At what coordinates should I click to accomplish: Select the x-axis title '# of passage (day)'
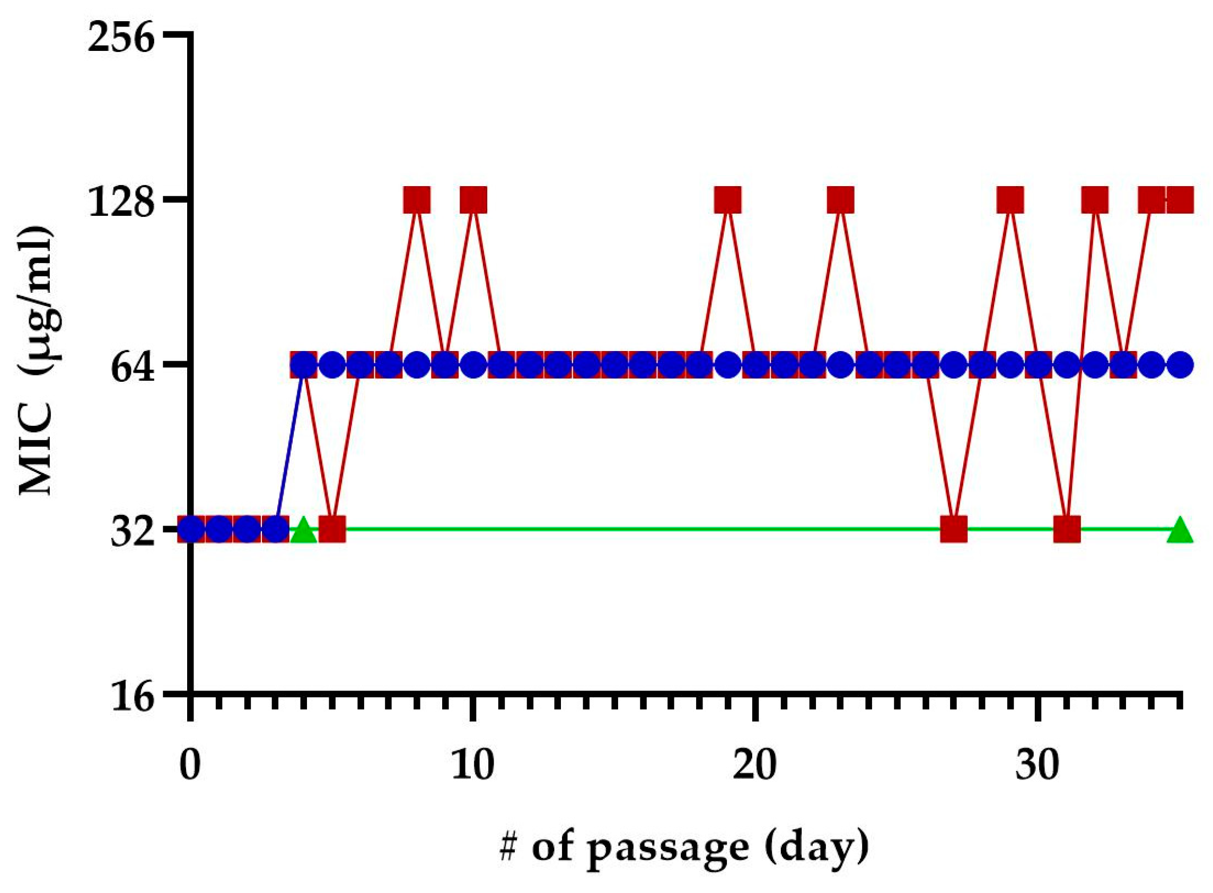tap(683, 847)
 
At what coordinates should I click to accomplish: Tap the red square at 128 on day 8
tap(417, 200)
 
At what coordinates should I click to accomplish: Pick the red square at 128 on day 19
tap(727, 200)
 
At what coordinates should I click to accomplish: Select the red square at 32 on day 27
tap(954, 529)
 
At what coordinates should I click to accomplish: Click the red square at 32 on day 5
tap(332, 529)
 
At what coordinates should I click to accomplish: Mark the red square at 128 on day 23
tap(840, 200)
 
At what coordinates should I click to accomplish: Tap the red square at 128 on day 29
tap(1010, 200)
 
